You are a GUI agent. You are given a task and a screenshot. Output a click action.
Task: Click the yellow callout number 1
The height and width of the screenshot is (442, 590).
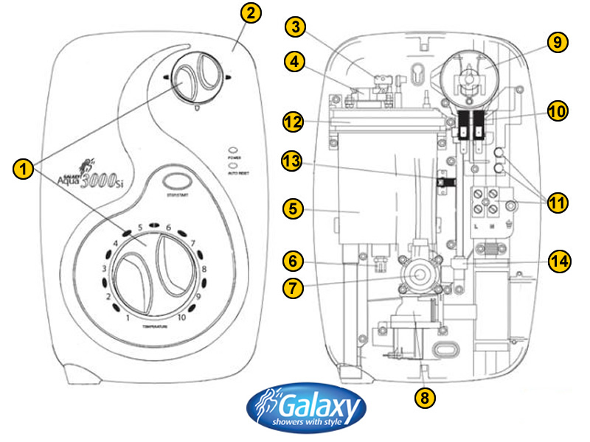pyautogui.click(x=23, y=169)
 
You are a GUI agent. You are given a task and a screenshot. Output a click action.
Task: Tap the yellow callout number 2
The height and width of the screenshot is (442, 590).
pyautogui.click(x=252, y=13)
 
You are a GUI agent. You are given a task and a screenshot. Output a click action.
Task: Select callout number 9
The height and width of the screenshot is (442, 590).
pyautogui.click(x=558, y=42)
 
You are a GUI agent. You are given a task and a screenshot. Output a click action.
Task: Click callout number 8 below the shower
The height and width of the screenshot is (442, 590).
pyautogui.click(x=423, y=398)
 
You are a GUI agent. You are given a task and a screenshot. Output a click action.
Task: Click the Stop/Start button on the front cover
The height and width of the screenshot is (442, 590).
pyautogui.click(x=175, y=181)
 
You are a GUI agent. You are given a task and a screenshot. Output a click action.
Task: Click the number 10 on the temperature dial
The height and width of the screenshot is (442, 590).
pyautogui.click(x=181, y=318)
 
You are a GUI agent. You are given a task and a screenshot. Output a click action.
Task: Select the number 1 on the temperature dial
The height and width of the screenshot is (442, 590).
pyautogui.click(x=128, y=318)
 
